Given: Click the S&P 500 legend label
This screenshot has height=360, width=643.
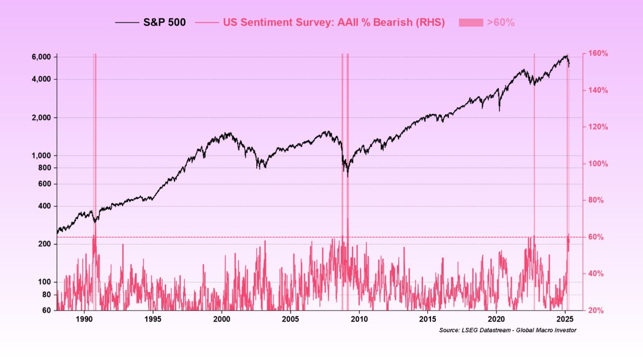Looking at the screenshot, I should pos(164,22).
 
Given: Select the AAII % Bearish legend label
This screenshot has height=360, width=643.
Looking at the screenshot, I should pos(333,22).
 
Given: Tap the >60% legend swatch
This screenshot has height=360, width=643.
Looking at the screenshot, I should pos(471,22).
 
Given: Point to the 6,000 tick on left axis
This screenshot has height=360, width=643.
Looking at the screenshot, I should pos(42,57).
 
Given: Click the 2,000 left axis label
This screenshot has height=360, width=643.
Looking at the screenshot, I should pos(42,117).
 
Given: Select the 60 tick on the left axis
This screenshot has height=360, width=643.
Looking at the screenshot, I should pos(47,310).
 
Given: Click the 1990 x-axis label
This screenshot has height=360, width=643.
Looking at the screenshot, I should pos(84,319).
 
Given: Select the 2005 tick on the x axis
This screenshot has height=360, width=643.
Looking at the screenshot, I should pos(290,319).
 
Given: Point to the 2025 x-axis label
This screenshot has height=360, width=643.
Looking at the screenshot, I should pos(565,319).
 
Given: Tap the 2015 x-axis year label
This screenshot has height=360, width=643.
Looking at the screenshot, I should pos(427,319).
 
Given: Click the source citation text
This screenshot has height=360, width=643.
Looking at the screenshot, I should pos(507,330).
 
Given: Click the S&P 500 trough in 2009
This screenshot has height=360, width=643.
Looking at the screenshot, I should pos(348,176).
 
